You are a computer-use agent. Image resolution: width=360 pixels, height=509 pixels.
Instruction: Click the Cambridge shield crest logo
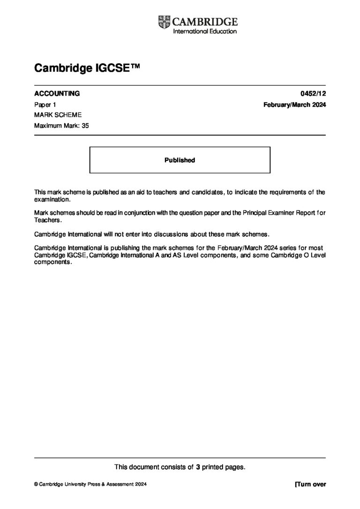(165, 22)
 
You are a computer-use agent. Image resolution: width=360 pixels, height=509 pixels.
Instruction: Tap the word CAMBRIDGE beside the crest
(205, 22)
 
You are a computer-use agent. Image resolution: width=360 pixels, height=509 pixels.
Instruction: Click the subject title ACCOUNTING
(57, 93)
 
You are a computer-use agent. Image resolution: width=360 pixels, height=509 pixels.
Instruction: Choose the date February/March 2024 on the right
(294, 105)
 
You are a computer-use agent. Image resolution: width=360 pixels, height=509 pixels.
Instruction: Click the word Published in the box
(180, 160)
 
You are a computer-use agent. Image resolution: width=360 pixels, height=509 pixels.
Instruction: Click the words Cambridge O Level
(300, 255)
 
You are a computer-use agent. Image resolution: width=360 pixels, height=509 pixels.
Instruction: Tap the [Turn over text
(310, 485)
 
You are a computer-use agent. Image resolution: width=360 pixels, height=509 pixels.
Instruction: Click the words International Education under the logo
(205, 31)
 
